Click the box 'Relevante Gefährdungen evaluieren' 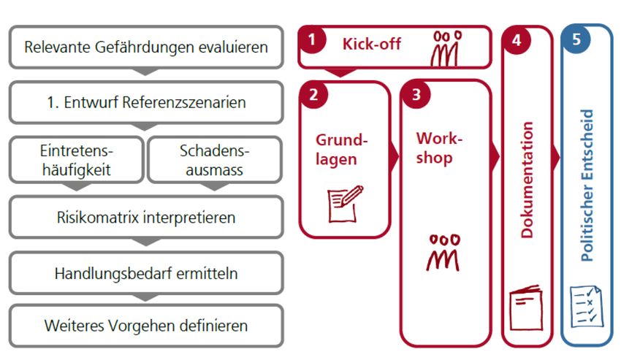click(146, 47)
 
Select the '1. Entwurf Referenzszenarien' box click(146, 102)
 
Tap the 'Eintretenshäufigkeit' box click(77, 160)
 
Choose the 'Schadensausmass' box click(215, 160)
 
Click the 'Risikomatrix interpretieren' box click(146, 217)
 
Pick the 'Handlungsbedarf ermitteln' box click(146, 273)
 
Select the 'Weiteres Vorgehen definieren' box click(146, 325)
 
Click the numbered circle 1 click(313, 40)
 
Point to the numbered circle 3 click(416, 94)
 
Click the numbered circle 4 click(517, 40)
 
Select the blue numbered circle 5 click(576, 40)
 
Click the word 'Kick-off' click(371, 43)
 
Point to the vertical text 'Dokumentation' click(528, 180)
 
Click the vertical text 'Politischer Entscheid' click(587, 185)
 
